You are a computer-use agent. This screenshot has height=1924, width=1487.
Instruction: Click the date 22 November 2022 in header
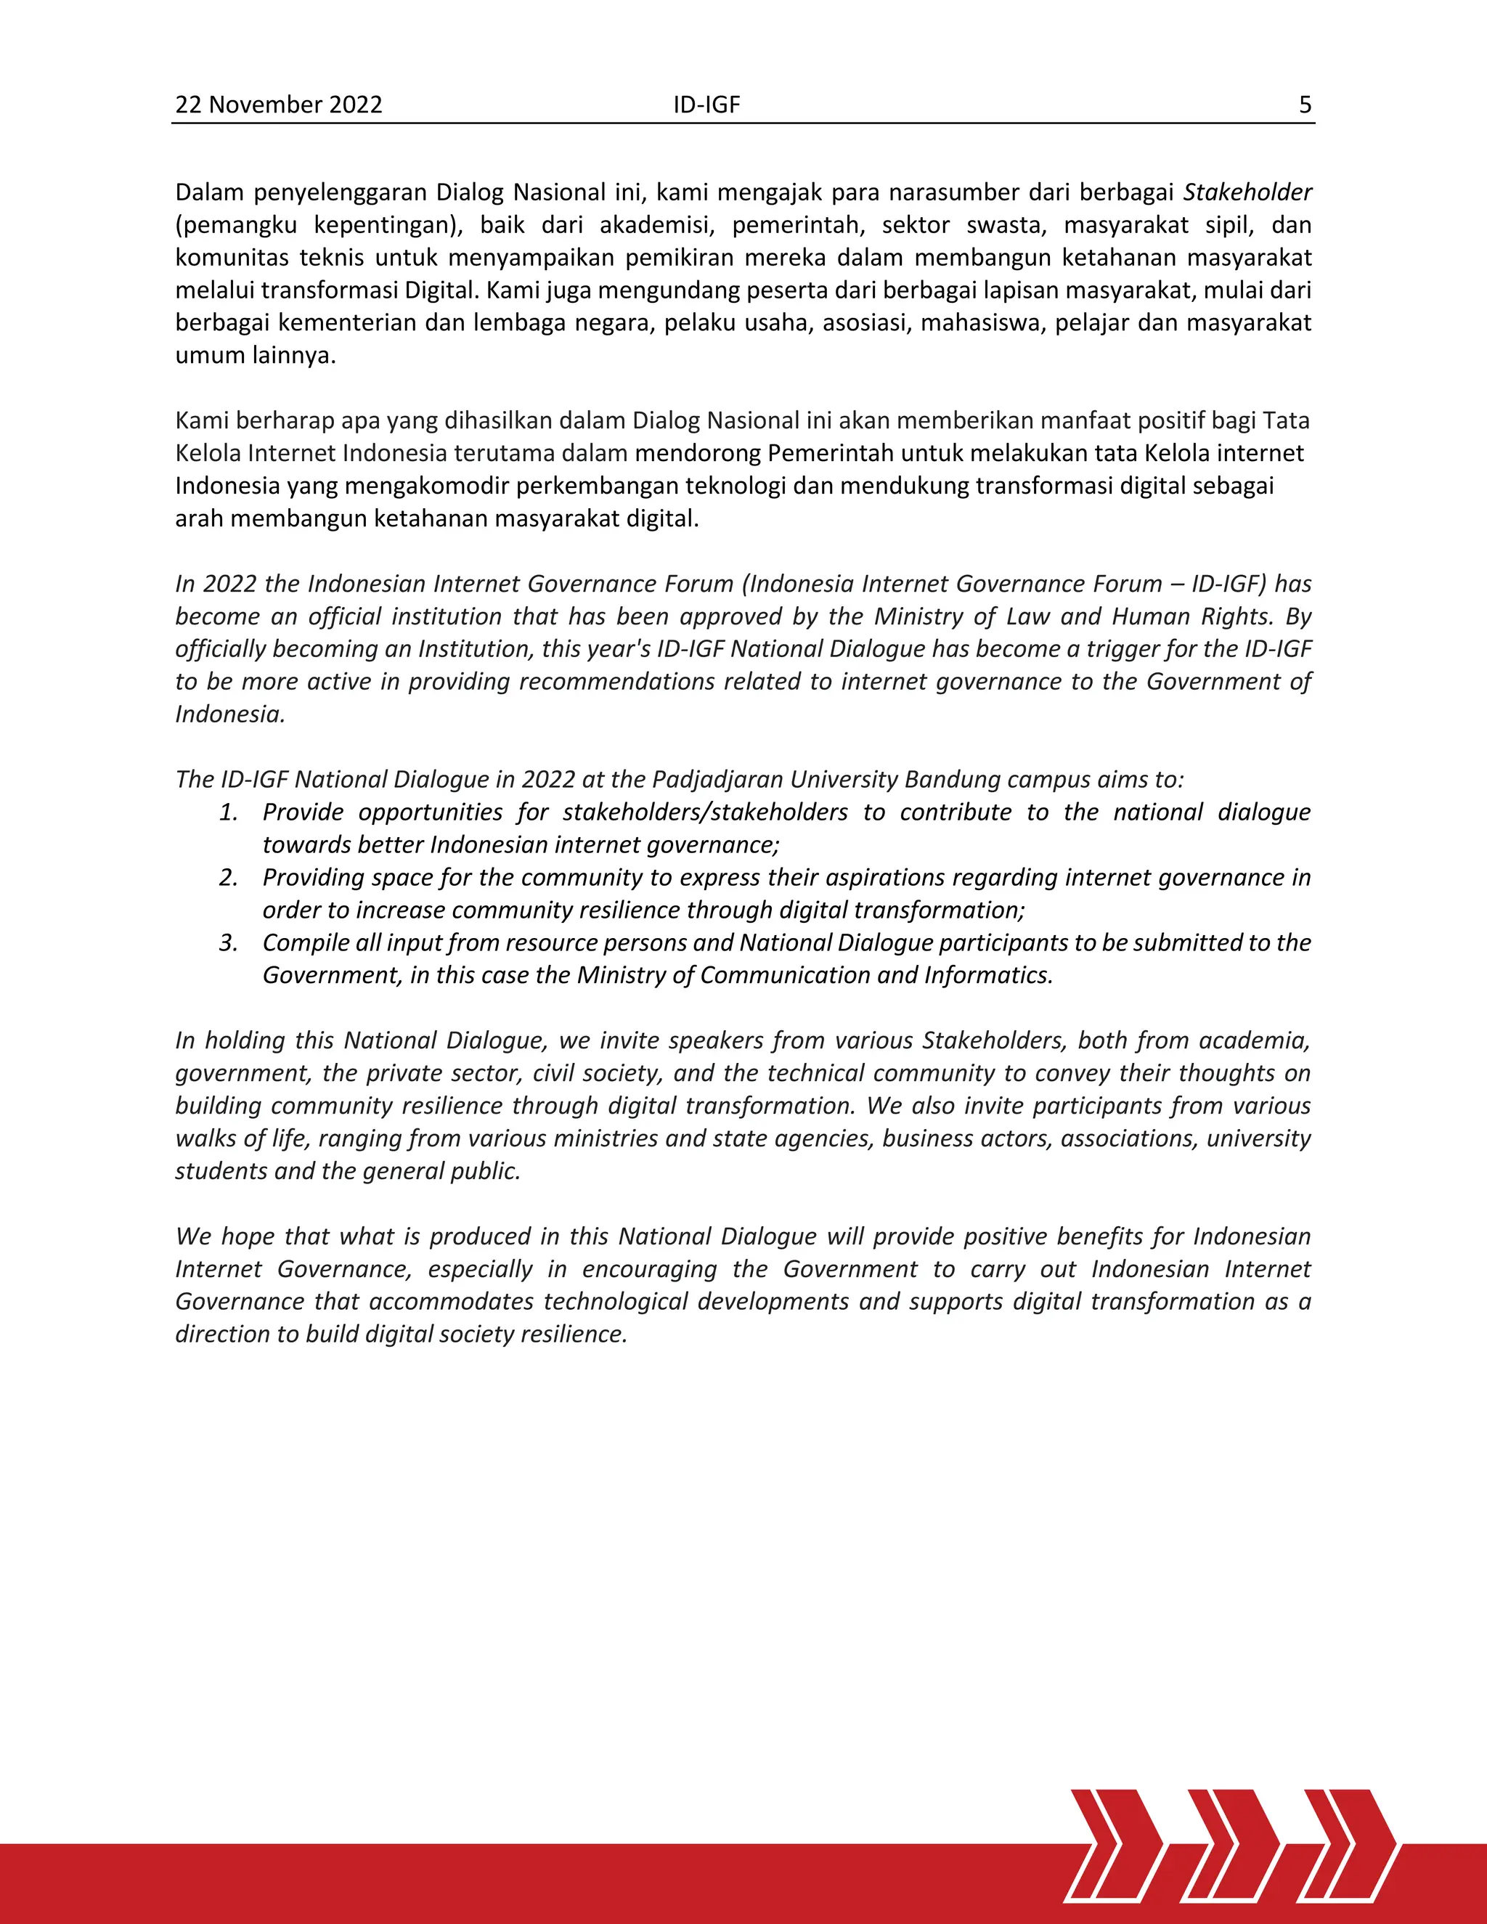pos(278,105)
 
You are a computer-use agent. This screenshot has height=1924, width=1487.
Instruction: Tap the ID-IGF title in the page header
pos(706,105)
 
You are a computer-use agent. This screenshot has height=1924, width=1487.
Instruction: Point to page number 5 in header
pos(1305,105)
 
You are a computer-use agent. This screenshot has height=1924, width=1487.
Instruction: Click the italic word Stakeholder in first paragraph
pos(1247,192)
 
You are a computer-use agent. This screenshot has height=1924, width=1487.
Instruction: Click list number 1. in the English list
pos(229,812)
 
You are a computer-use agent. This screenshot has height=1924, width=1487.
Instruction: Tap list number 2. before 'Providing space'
pos(229,878)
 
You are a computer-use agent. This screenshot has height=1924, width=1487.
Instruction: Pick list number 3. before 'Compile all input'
pos(229,942)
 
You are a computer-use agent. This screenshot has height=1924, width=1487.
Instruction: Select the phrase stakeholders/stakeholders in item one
pos(705,812)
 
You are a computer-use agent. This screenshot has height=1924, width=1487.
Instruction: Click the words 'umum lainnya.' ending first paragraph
pos(256,356)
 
